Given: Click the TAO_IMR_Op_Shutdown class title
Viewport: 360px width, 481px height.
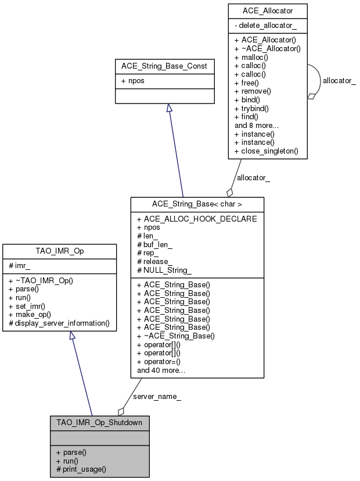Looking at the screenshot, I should (x=99, y=423).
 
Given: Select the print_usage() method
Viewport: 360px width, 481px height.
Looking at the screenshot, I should (x=81, y=468).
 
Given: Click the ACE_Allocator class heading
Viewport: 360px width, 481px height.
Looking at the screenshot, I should (x=267, y=11).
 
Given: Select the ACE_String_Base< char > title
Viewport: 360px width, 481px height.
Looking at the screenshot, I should (x=198, y=204).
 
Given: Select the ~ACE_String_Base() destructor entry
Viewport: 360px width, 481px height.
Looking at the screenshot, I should (x=176, y=336).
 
